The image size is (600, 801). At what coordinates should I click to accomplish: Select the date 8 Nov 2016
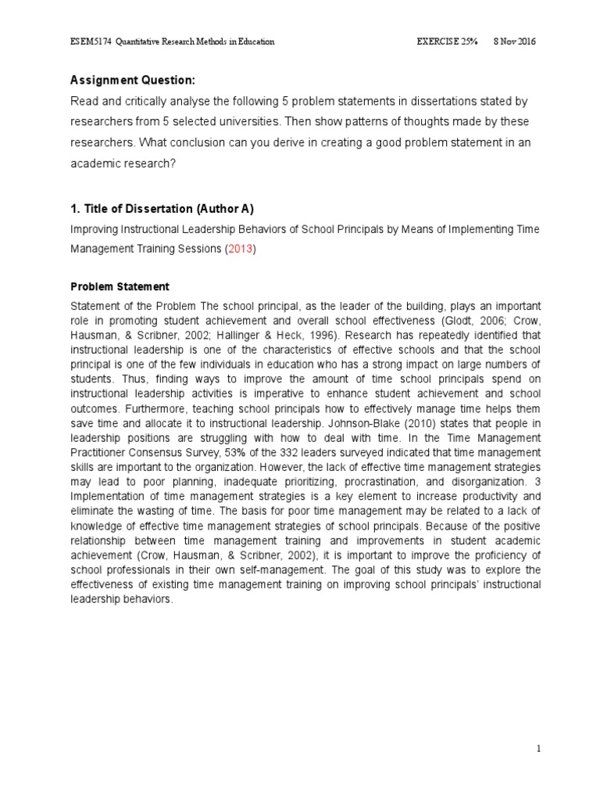click(x=514, y=41)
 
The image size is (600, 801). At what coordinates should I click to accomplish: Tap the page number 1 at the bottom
click(x=538, y=749)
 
